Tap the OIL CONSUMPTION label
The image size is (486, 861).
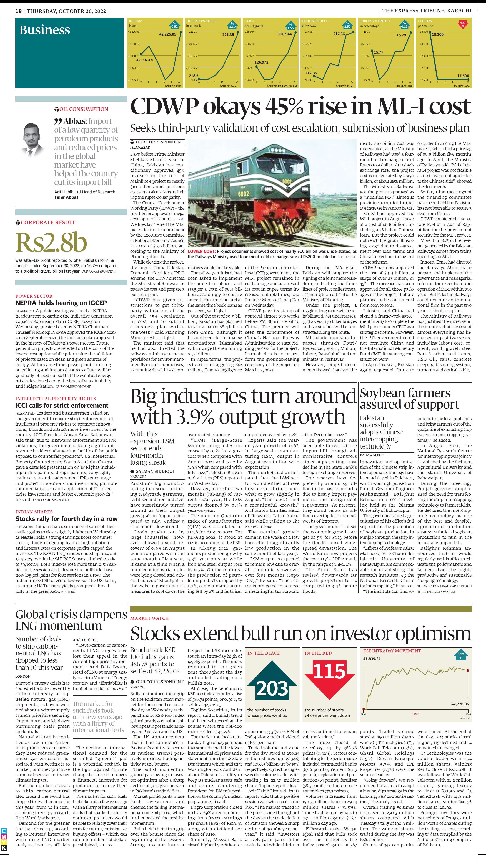(84, 109)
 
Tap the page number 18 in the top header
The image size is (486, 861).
(18, 11)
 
